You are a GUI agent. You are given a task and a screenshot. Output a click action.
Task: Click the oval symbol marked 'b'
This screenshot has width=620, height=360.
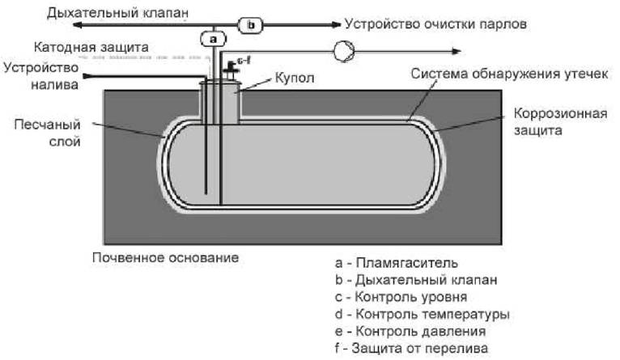click(x=251, y=25)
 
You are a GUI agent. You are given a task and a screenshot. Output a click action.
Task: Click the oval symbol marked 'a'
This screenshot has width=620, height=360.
click(x=212, y=38)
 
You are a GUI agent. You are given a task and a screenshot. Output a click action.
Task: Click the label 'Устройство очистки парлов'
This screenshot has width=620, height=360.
click(x=435, y=25)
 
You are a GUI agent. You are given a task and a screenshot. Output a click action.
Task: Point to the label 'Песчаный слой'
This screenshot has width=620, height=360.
click(x=46, y=133)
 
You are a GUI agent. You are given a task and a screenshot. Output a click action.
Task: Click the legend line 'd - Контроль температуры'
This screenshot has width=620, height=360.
click(x=421, y=314)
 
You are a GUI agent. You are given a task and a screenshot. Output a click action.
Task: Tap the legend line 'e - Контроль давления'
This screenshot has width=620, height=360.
click(x=410, y=332)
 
